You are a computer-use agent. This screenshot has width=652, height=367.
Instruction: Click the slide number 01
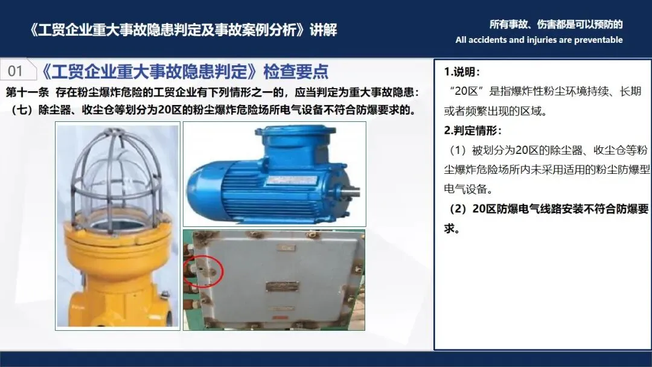click(15, 71)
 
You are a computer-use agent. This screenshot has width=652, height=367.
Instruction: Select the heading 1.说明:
click(462, 72)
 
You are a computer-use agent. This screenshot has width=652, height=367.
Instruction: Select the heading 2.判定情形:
click(473, 130)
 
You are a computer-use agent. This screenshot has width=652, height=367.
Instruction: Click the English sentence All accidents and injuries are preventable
click(539, 40)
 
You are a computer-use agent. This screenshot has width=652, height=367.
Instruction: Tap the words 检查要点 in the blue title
click(296, 71)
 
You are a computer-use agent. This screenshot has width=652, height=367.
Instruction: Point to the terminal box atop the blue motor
click(296, 141)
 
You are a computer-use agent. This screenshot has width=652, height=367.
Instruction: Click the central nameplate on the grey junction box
click(283, 286)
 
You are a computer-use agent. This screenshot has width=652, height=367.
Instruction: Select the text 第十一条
click(27, 92)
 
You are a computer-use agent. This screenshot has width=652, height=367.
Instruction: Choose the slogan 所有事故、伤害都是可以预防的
click(556, 25)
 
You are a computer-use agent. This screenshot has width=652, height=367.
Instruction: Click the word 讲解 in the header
click(323, 30)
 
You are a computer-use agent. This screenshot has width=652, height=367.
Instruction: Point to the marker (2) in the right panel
click(458, 209)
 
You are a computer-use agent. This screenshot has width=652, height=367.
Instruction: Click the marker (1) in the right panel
click(458, 150)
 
